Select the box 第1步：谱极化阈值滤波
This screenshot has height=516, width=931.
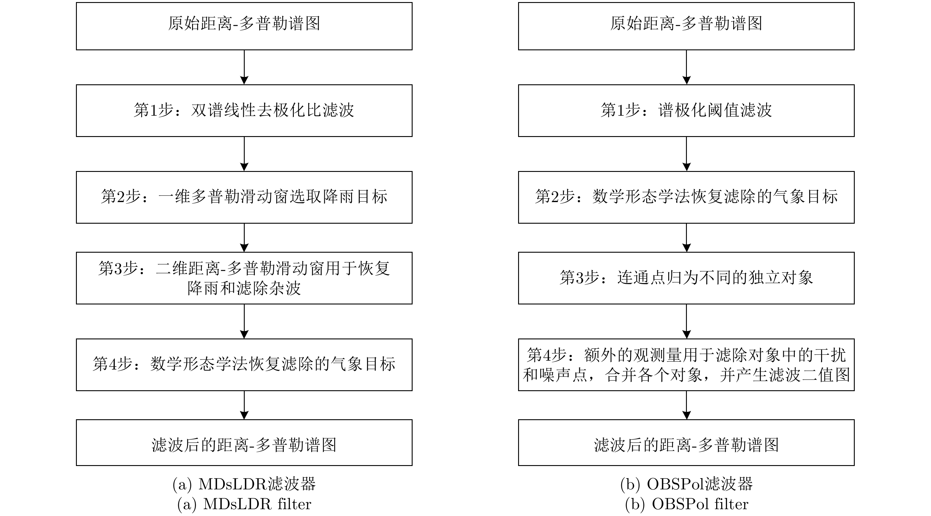click(686, 111)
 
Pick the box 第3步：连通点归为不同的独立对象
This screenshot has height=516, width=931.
click(686, 278)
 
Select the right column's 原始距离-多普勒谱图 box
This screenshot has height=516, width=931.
click(686, 26)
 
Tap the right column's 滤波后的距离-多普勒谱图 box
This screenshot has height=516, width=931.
click(686, 443)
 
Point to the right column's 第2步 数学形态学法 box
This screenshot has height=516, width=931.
click(686, 197)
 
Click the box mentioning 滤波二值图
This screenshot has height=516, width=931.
click(686, 365)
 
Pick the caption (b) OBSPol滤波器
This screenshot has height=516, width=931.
click(686, 484)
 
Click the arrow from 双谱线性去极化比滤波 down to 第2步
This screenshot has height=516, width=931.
click(244, 154)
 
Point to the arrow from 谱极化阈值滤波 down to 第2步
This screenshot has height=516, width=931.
click(686, 154)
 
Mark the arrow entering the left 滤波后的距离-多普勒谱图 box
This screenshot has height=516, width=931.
click(244, 405)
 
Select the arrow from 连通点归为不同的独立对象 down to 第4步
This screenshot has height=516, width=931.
click(686, 321)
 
